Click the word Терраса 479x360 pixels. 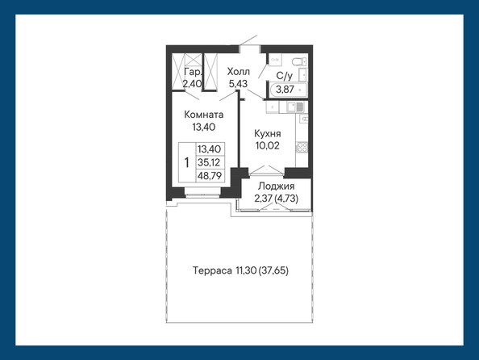[x=212, y=270]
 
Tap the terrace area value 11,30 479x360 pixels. [x=246, y=270]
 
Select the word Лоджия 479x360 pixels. [x=276, y=186]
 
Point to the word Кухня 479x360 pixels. [x=267, y=134]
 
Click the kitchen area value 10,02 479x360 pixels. [x=267, y=145]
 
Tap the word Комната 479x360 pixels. [x=204, y=115]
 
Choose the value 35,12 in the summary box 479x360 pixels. [x=209, y=162]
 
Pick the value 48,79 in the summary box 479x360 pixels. [x=210, y=176]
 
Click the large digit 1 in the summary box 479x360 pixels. [x=187, y=162]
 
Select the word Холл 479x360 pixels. [x=238, y=72]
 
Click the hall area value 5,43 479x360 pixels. [x=238, y=83]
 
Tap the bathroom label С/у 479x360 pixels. [x=284, y=76]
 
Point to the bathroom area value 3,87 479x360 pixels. [x=285, y=90]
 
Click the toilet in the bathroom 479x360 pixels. [x=298, y=62]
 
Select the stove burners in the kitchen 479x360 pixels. [x=302, y=147]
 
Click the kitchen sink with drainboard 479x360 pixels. [x=295, y=107]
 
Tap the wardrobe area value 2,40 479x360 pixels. [x=193, y=83]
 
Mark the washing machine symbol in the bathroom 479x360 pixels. [x=275, y=60]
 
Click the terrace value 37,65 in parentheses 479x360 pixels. [x=273, y=270]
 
